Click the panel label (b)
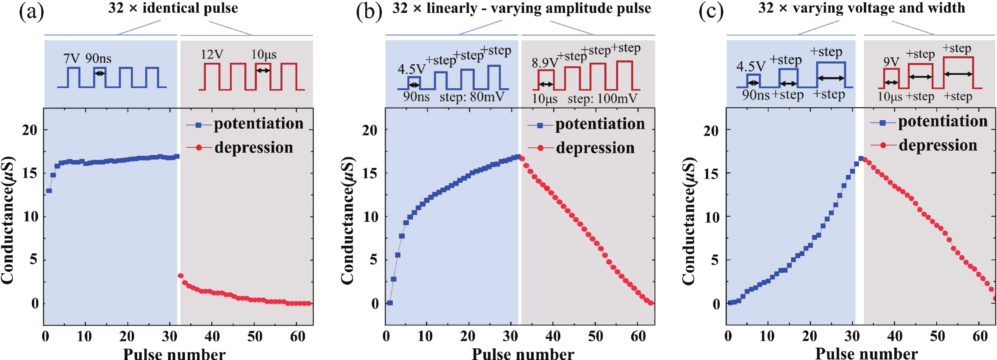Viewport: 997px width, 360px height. tap(369, 12)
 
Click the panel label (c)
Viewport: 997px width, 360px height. tap(711, 12)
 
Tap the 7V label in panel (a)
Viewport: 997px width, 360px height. tap(72, 59)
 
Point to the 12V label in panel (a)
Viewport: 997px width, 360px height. tap(212, 54)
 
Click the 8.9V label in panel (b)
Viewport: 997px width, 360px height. tap(544, 62)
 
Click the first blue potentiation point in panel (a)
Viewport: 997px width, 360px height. tap(49, 191)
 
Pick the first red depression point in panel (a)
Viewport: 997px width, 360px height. tap(180, 275)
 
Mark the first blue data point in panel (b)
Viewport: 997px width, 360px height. tap(390, 303)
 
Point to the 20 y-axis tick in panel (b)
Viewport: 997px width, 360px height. tap(370, 130)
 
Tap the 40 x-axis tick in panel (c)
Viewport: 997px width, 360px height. tap(894, 336)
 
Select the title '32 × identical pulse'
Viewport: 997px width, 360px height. tap(173, 8)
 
